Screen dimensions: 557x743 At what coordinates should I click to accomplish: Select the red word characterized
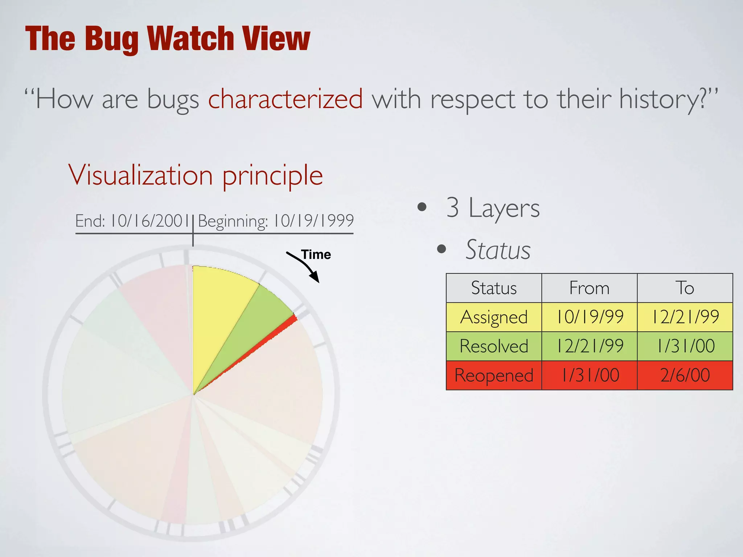pos(285,99)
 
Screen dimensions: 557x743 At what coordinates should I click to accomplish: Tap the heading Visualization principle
pos(196,175)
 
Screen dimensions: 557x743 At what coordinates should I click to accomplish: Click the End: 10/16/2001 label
pos(132,221)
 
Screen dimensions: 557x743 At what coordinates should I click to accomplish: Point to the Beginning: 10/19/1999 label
pos(276,221)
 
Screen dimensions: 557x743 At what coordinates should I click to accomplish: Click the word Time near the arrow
pos(316,255)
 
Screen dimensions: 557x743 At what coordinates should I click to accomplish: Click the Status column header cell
pos(494,288)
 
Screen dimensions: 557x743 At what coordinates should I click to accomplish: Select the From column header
pos(589,288)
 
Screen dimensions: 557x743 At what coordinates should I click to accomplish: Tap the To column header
pos(685,288)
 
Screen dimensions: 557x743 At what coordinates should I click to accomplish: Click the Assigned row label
pos(494,317)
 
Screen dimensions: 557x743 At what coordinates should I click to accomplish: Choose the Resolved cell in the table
pos(494,346)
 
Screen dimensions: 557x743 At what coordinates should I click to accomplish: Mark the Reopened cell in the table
pos(494,375)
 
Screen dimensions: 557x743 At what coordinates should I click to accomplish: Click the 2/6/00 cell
pos(685,375)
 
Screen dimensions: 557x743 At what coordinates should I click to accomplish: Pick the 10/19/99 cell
pos(589,317)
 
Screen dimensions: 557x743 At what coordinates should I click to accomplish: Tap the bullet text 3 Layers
pos(493,208)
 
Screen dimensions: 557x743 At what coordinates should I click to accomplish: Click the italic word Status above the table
pos(498,250)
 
